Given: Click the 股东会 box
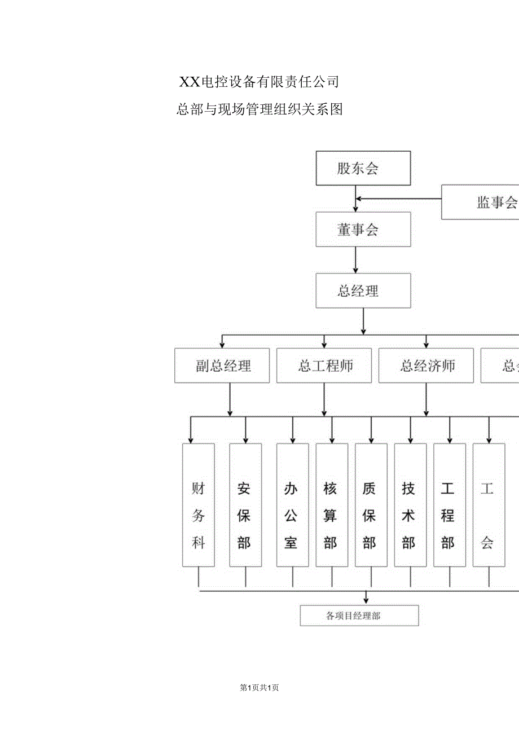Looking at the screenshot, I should (x=363, y=168).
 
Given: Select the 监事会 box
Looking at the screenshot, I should (x=480, y=202).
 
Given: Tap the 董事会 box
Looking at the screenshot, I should (x=363, y=230).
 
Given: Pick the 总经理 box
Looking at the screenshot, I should (x=363, y=291).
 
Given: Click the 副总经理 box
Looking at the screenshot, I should (x=222, y=366).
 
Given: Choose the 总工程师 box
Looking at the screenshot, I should (x=324, y=366).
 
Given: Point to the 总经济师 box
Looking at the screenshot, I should (x=426, y=366).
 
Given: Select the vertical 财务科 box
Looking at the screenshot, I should (x=199, y=505).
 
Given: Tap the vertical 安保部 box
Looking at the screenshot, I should (x=245, y=505).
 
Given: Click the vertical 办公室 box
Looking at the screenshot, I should (x=292, y=505).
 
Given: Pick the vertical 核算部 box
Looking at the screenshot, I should (x=332, y=505).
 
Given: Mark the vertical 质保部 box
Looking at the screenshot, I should (x=371, y=505).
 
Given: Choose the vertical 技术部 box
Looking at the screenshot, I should (x=410, y=505).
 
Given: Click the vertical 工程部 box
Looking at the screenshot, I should (x=450, y=505).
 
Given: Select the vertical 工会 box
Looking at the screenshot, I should (x=489, y=505).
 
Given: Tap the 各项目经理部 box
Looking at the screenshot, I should (x=359, y=616).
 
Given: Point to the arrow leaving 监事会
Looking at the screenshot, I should (x=398, y=199).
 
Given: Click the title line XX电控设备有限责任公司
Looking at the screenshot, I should (x=259, y=82).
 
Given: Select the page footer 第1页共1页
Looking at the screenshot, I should (x=259, y=687).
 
